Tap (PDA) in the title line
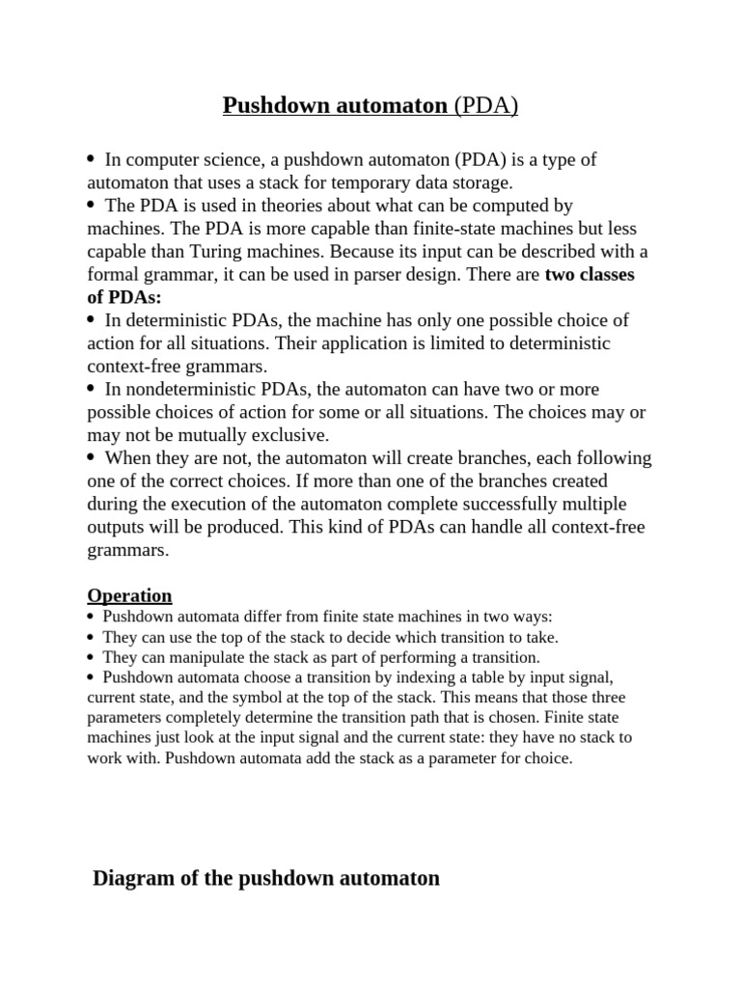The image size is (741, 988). tap(488, 105)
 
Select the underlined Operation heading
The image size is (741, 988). tap(129, 595)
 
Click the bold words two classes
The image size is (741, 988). tap(590, 275)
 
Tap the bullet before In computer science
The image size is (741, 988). tap(91, 158)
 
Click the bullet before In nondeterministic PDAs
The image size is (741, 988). tap(91, 388)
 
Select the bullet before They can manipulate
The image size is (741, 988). tap(90, 657)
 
